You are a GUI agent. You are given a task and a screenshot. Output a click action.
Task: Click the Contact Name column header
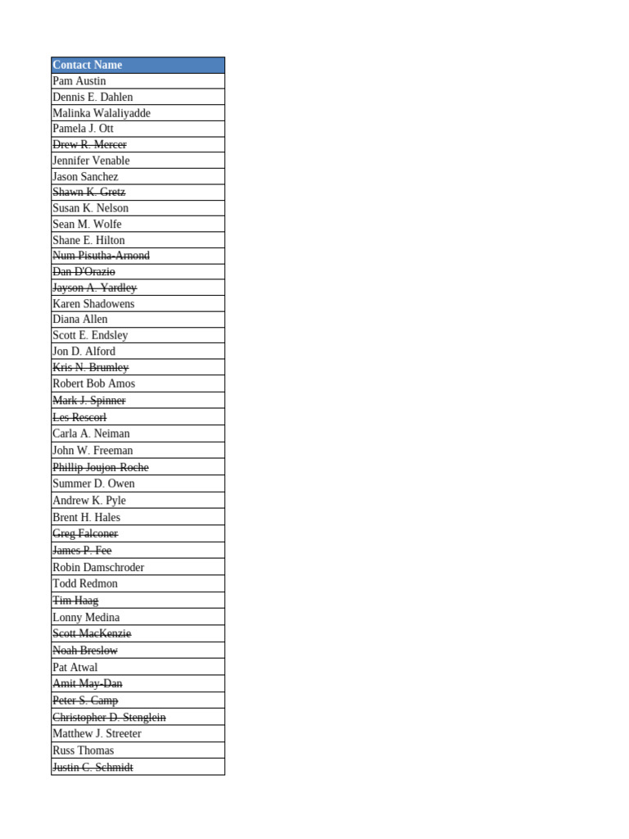[x=87, y=65]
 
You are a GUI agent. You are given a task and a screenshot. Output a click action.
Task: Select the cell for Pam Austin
[x=79, y=81]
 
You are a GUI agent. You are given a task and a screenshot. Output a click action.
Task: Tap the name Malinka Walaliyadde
[x=101, y=113]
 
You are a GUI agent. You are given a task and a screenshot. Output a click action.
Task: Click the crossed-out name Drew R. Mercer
[x=89, y=145]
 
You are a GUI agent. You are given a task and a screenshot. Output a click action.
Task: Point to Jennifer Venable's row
[x=91, y=161]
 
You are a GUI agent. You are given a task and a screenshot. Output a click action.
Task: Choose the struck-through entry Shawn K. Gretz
[x=88, y=193]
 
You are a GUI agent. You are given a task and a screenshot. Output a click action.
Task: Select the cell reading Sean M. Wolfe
[x=87, y=224]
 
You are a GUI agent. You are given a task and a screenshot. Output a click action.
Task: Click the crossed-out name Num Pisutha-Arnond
[x=101, y=256]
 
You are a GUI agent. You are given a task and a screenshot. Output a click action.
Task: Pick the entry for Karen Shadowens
[x=93, y=304]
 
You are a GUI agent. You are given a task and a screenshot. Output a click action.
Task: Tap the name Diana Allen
[x=79, y=320]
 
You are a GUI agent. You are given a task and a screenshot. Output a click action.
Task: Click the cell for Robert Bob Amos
[x=93, y=383]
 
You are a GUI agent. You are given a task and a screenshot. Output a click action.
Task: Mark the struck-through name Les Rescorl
[x=79, y=418]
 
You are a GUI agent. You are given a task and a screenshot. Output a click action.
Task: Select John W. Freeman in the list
[x=93, y=451]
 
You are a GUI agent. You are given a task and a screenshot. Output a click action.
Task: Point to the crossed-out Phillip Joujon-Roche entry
[x=101, y=468]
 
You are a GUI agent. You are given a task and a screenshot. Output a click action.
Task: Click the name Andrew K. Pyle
[x=89, y=501]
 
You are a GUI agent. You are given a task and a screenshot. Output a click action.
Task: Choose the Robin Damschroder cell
[x=98, y=567]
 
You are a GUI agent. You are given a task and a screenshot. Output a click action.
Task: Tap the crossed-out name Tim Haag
[x=75, y=601]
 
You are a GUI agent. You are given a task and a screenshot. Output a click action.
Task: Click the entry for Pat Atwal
[x=75, y=668]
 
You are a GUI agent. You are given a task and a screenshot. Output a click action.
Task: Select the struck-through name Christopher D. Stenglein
[x=109, y=718]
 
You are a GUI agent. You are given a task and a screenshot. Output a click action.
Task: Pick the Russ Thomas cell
[x=83, y=751]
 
